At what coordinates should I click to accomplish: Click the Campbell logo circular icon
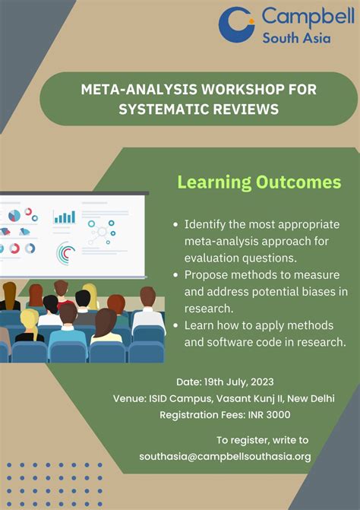pyautogui.click(x=236, y=24)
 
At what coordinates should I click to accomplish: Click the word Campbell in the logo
pyautogui.click(x=302, y=16)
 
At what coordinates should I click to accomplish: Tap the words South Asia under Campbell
pyautogui.click(x=297, y=38)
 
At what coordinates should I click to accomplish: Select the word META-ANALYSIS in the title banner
pyautogui.click(x=133, y=90)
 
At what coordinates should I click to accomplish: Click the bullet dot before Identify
pyautogui.click(x=176, y=225)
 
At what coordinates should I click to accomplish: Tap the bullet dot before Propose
pyautogui.click(x=176, y=275)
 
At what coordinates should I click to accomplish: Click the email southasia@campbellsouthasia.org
pyautogui.click(x=225, y=457)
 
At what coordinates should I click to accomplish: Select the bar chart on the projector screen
pyautogui.click(x=65, y=217)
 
